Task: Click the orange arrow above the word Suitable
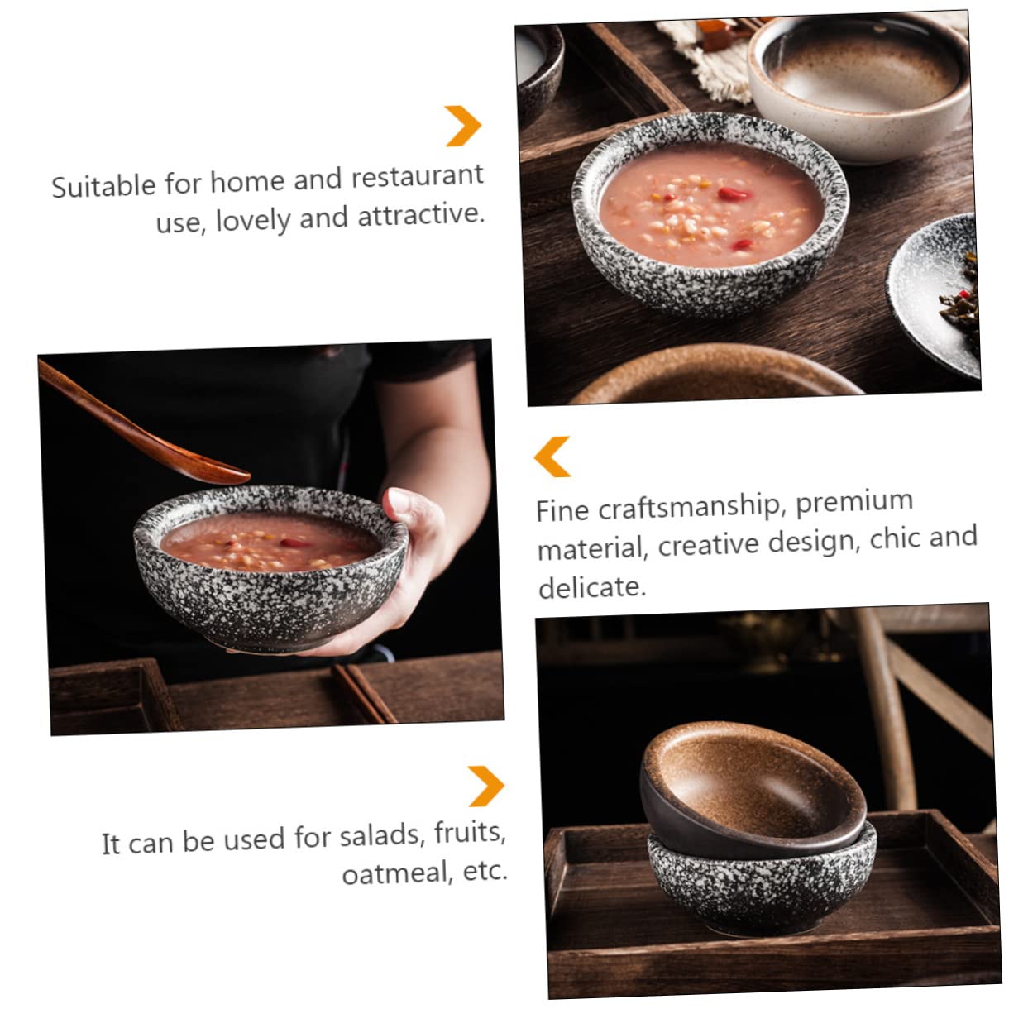(463, 126)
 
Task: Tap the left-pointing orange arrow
(552, 457)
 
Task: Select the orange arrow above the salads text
(485, 786)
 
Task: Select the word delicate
(591, 587)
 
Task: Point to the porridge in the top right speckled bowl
(711, 207)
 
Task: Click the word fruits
(468, 833)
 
